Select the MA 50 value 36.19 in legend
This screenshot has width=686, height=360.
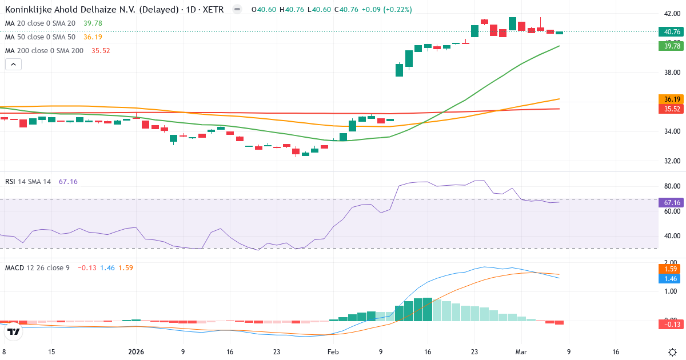pyautogui.click(x=93, y=37)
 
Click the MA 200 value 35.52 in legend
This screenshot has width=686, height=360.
pyautogui.click(x=100, y=51)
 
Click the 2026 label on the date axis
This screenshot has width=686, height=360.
pyautogui.click(x=136, y=352)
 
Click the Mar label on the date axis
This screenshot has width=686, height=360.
pyautogui.click(x=521, y=352)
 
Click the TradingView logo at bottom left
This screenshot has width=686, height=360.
pyautogui.click(x=14, y=331)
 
